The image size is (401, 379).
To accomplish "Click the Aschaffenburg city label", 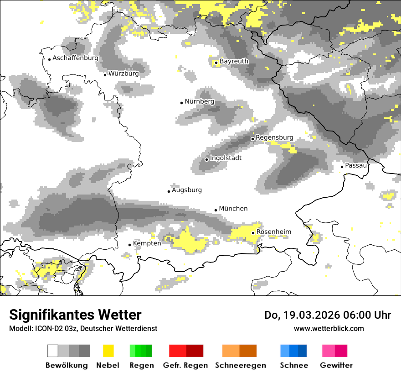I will pos(75,58).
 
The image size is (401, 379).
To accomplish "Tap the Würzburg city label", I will pos(123,74).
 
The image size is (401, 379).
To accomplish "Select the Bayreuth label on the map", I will pos(234,61).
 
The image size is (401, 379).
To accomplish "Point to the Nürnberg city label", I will pos(199,101).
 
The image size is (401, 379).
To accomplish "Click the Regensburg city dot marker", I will pos(252,138).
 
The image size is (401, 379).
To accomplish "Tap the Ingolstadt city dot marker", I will pos(206,159).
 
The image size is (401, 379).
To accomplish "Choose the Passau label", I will pos(356,165).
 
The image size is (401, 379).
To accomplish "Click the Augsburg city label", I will pos(186,190).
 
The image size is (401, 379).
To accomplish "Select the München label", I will pos(233,209).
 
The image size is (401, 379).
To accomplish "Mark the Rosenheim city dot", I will pos(253,233).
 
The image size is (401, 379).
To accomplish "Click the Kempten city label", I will pos(147,243).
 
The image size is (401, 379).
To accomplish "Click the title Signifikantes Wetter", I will pos(75,315).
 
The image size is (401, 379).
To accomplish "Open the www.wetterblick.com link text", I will pos(329,328).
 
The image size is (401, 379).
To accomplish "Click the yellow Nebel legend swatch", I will pos(108,351).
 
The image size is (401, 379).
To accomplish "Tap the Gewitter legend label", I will pos(336,365).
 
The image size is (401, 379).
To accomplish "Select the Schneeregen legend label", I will pos(241,365).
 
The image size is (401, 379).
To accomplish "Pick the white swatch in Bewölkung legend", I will pos(53,351).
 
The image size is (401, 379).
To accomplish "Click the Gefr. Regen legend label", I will pos(185,365).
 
